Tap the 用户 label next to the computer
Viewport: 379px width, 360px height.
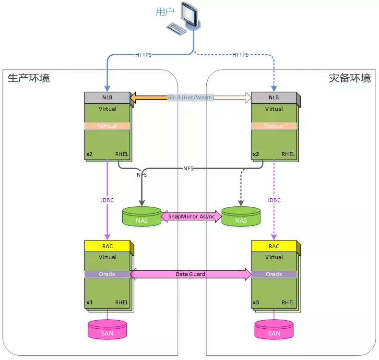[165, 12]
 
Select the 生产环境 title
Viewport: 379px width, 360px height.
[28, 78]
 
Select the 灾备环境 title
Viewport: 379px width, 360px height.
[350, 78]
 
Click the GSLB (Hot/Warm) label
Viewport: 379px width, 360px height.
[190, 97]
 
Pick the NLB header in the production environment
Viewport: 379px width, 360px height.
[107, 97]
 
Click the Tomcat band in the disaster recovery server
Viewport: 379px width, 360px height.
[274, 126]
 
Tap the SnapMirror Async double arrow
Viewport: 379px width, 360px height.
[191, 216]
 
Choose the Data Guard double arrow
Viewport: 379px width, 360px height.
[190, 274]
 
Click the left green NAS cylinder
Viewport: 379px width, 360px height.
[142, 216]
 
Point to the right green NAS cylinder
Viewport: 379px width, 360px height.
[241, 216]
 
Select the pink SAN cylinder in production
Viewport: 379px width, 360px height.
[107, 329]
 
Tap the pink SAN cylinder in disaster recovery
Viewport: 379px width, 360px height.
[274, 329]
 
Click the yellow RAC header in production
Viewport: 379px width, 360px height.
[107, 246]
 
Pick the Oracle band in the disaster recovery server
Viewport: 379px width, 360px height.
[274, 274]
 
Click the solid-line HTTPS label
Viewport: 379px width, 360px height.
[143, 55]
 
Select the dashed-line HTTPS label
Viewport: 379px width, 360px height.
[240, 55]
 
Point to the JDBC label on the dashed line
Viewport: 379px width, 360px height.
[274, 200]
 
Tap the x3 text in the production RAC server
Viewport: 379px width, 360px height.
[89, 302]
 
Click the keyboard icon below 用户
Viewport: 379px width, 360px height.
[177, 29]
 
